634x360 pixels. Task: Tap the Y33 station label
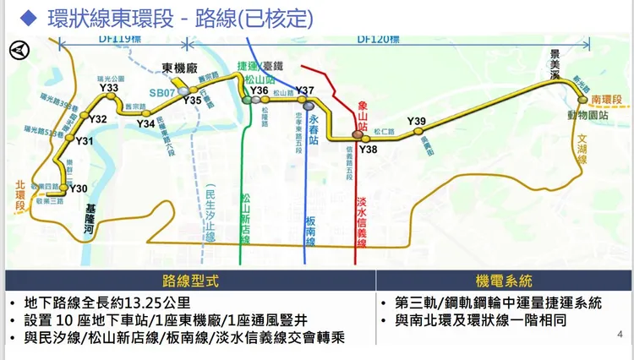coord(108,88)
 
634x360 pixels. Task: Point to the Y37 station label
coord(305,90)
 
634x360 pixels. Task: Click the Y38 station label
coord(368,149)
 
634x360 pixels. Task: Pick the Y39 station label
coord(416,122)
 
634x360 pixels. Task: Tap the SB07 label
coord(161,91)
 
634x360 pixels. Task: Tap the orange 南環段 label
coord(606,100)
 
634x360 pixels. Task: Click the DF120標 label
coord(377,38)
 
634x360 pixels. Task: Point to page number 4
coord(620,335)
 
